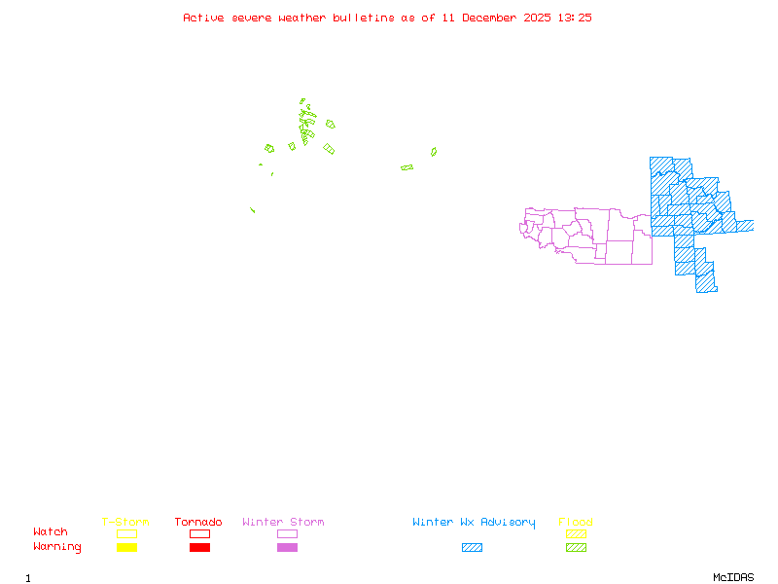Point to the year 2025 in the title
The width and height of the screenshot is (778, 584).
tap(538, 18)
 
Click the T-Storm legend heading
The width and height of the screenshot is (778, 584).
tap(125, 523)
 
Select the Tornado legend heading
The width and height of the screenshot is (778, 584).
tap(198, 523)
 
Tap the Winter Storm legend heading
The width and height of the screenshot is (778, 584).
tap(283, 523)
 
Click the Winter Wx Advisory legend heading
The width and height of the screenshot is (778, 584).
tap(474, 523)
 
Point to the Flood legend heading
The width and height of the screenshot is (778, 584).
tap(576, 523)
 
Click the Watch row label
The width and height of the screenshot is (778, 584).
tap(51, 532)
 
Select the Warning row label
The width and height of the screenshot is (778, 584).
tap(57, 547)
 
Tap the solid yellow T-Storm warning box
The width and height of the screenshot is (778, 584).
tap(126, 548)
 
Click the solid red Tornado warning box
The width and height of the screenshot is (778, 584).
tap(199, 548)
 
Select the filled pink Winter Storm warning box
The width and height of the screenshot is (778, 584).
tap(287, 548)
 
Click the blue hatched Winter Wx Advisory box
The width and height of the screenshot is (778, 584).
tap(472, 548)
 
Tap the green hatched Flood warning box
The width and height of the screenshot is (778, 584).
tap(576, 548)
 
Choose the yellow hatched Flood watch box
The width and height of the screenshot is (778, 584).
tap(576, 533)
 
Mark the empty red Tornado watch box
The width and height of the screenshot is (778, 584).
tap(199, 533)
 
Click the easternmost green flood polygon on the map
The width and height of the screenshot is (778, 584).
tap(434, 152)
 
